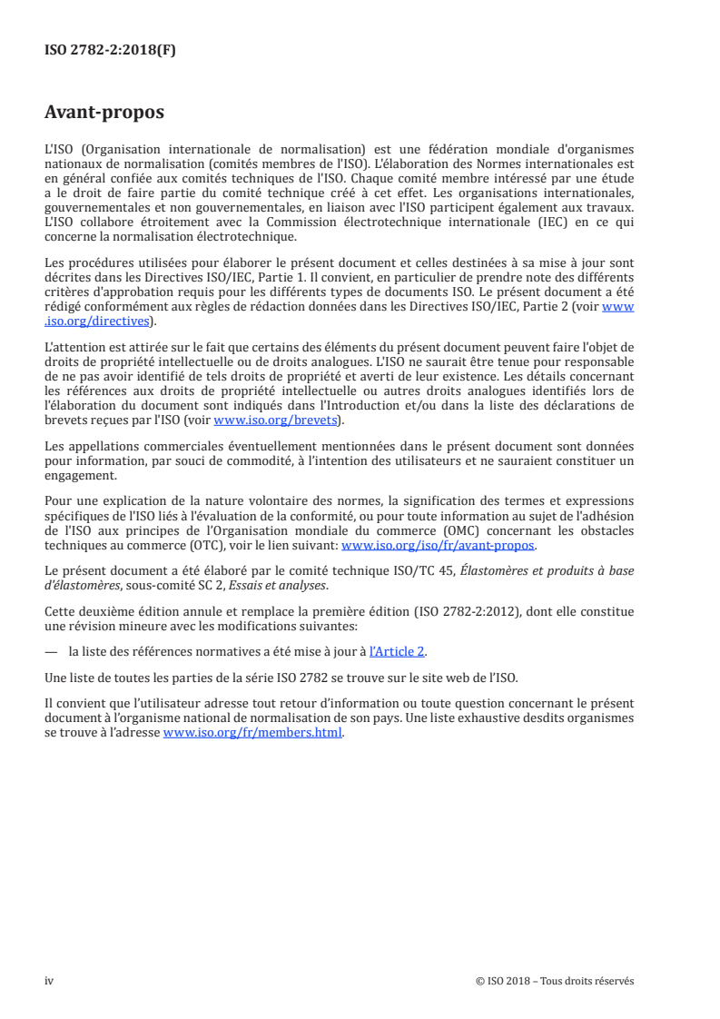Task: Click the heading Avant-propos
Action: [104, 113]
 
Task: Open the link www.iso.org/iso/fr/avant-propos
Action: [438, 546]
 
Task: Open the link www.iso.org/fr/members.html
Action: [252, 734]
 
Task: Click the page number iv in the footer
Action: [49, 981]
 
